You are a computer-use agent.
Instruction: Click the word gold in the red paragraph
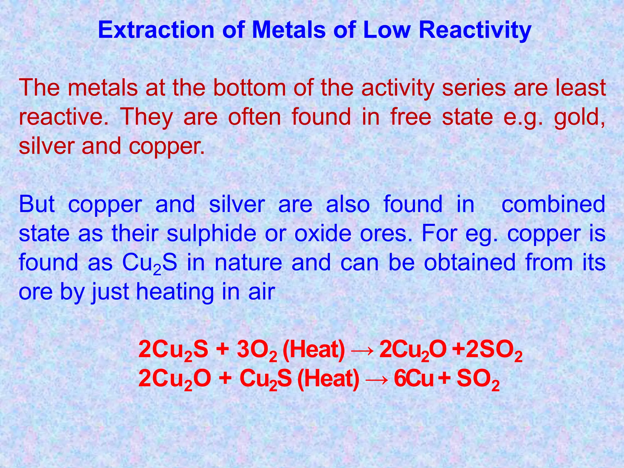click(578, 117)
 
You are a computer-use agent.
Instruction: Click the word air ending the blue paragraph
click(261, 292)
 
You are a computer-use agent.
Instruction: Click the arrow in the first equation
click(362, 351)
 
